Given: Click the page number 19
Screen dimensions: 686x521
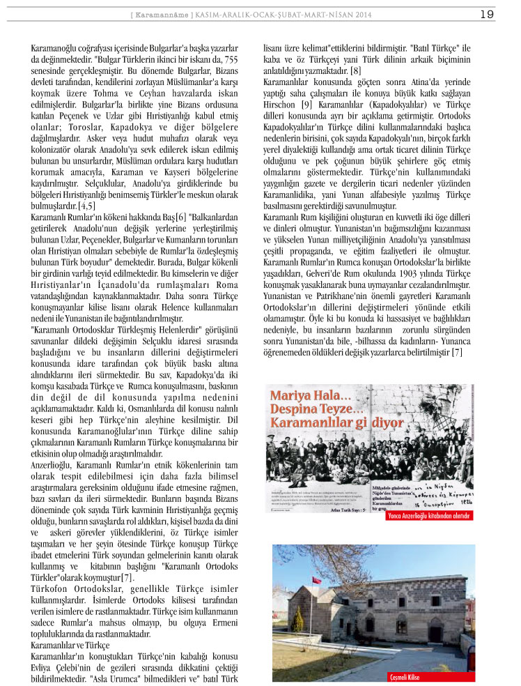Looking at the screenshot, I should pos(487,14).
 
